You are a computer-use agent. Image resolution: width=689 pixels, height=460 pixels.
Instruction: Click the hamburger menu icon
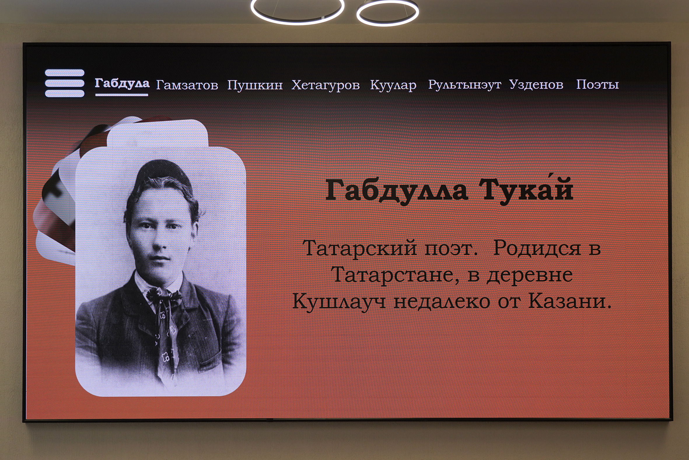pos(64,83)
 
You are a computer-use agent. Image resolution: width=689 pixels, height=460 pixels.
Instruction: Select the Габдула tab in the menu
pos(122,83)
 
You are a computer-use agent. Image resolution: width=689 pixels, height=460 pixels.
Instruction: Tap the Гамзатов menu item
pos(187,85)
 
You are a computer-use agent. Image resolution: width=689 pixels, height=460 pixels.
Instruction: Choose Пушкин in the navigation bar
pos(255,85)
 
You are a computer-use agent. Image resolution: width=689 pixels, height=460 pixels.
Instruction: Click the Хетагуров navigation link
pos(326,85)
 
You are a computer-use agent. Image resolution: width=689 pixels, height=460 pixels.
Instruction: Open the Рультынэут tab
pos(465,85)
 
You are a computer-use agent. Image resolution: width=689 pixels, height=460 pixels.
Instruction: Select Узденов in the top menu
pos(536,84)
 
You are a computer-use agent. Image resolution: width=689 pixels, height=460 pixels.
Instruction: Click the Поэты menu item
pos(597,84)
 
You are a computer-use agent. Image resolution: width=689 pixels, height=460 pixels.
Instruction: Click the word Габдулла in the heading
pos(397,191)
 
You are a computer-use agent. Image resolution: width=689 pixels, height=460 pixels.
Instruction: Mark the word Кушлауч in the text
pos(339,302)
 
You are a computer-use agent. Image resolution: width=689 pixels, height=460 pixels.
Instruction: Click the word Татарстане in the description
pos(395,275)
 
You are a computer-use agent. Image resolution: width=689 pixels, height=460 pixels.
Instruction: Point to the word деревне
pos(530,276)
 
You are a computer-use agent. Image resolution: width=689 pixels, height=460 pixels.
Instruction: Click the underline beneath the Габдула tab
pos(122,95)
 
